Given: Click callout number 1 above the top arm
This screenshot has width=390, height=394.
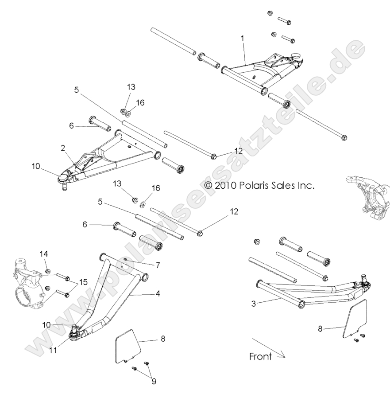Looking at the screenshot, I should pyautogui.click(x=242, y=39).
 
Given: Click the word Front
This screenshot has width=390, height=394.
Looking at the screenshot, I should pyautogui.click(x=260, y=356).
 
